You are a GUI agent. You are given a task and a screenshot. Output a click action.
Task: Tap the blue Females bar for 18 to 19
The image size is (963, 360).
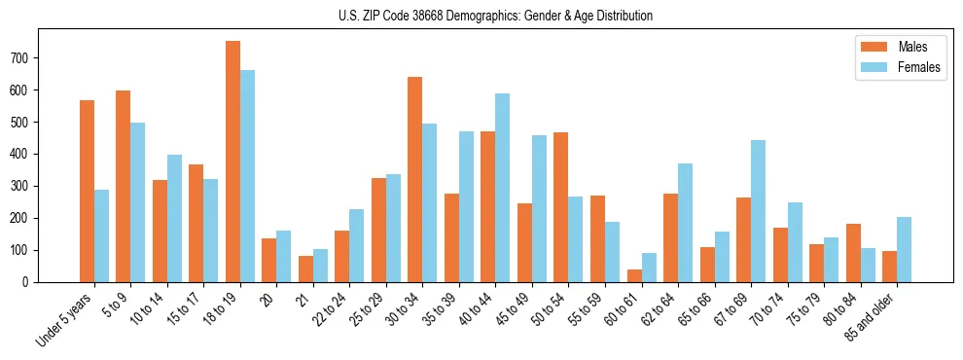click(247, 176)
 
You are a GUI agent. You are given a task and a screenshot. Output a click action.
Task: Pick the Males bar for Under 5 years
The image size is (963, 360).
click(87, 191)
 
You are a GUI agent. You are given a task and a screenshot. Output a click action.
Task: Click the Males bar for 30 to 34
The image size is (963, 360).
click(415, 179)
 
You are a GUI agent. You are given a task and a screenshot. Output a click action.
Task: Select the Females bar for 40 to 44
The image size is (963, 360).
click(502, 188)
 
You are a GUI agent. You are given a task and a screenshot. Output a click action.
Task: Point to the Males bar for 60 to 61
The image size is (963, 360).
click(634, 275)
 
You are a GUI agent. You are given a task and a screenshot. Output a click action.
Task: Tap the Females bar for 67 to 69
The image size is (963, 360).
click(758, 211)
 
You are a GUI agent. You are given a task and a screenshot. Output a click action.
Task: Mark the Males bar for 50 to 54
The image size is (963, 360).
click(561, 207)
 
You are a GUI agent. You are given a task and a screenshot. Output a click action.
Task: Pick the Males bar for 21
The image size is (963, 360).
click(305, 269)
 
